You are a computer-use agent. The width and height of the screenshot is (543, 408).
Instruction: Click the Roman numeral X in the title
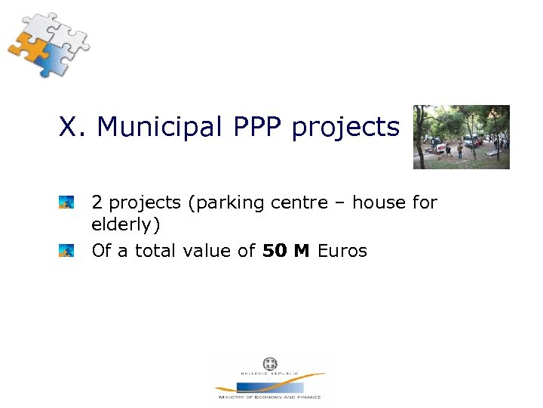(69, 127)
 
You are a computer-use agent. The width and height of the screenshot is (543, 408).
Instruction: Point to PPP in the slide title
(253, 127)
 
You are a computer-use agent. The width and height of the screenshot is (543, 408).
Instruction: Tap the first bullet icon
(66, 202)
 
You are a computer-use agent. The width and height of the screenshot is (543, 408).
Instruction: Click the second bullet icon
(66, 250)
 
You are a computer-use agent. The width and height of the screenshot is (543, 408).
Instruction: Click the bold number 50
(275, 251)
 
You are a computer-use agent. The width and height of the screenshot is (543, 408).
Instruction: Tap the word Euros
(342, 251)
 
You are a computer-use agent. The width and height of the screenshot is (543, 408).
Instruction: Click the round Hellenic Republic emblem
(270, 363)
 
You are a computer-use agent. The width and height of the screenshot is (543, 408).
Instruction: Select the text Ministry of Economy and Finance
(269, 397)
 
